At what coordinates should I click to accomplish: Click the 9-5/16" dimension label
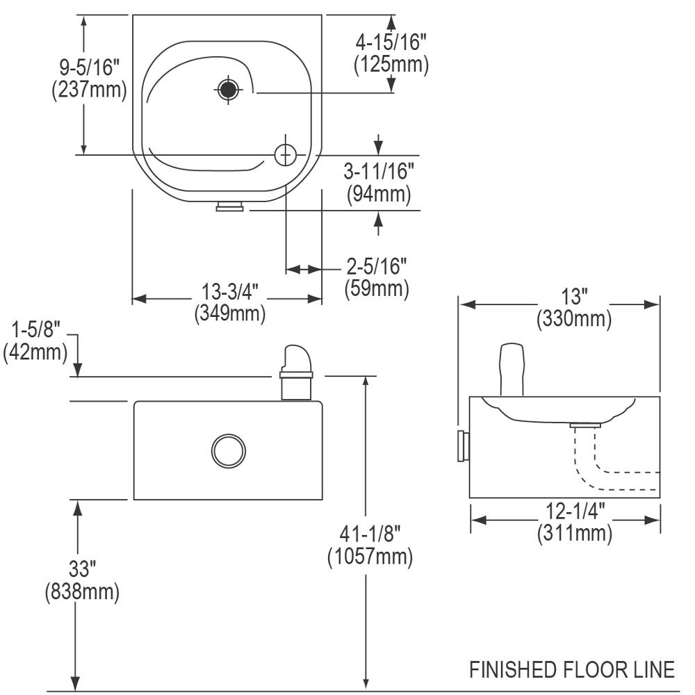(x=90, y=68)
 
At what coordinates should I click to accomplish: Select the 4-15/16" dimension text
(x=391, y=42)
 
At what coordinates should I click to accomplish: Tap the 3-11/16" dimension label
(x=379, y=172)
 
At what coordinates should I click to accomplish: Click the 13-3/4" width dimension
(x=229, y=292)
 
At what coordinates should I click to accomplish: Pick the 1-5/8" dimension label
(x=35, y=329)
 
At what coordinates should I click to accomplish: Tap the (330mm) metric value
(x=574, y=319)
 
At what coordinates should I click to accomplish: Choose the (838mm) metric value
(x=82, y=591)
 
